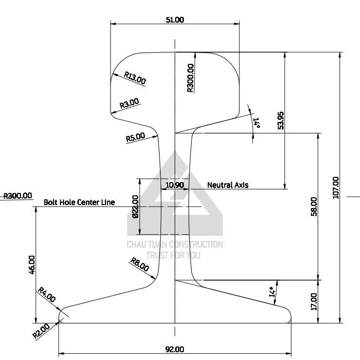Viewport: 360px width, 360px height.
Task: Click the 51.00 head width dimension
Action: (x=175, y=20)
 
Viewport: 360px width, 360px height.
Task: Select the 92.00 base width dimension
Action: (x=175, y=349)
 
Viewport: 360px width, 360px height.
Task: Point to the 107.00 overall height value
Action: (x=336, y=188)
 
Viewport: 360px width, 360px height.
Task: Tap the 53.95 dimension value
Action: (x=281, y=121)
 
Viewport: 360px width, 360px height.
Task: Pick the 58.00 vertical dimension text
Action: (x=314, y=207)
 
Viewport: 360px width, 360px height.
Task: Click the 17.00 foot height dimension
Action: (x=314, y=302)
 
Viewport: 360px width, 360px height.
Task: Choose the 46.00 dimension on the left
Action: (x=32, y=265)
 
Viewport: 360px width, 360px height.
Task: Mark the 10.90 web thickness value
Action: (x=175, y=185)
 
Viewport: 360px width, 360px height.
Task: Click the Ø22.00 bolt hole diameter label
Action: (x=135, y=207)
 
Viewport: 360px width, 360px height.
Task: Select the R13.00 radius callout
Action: (x=135, y=78)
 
